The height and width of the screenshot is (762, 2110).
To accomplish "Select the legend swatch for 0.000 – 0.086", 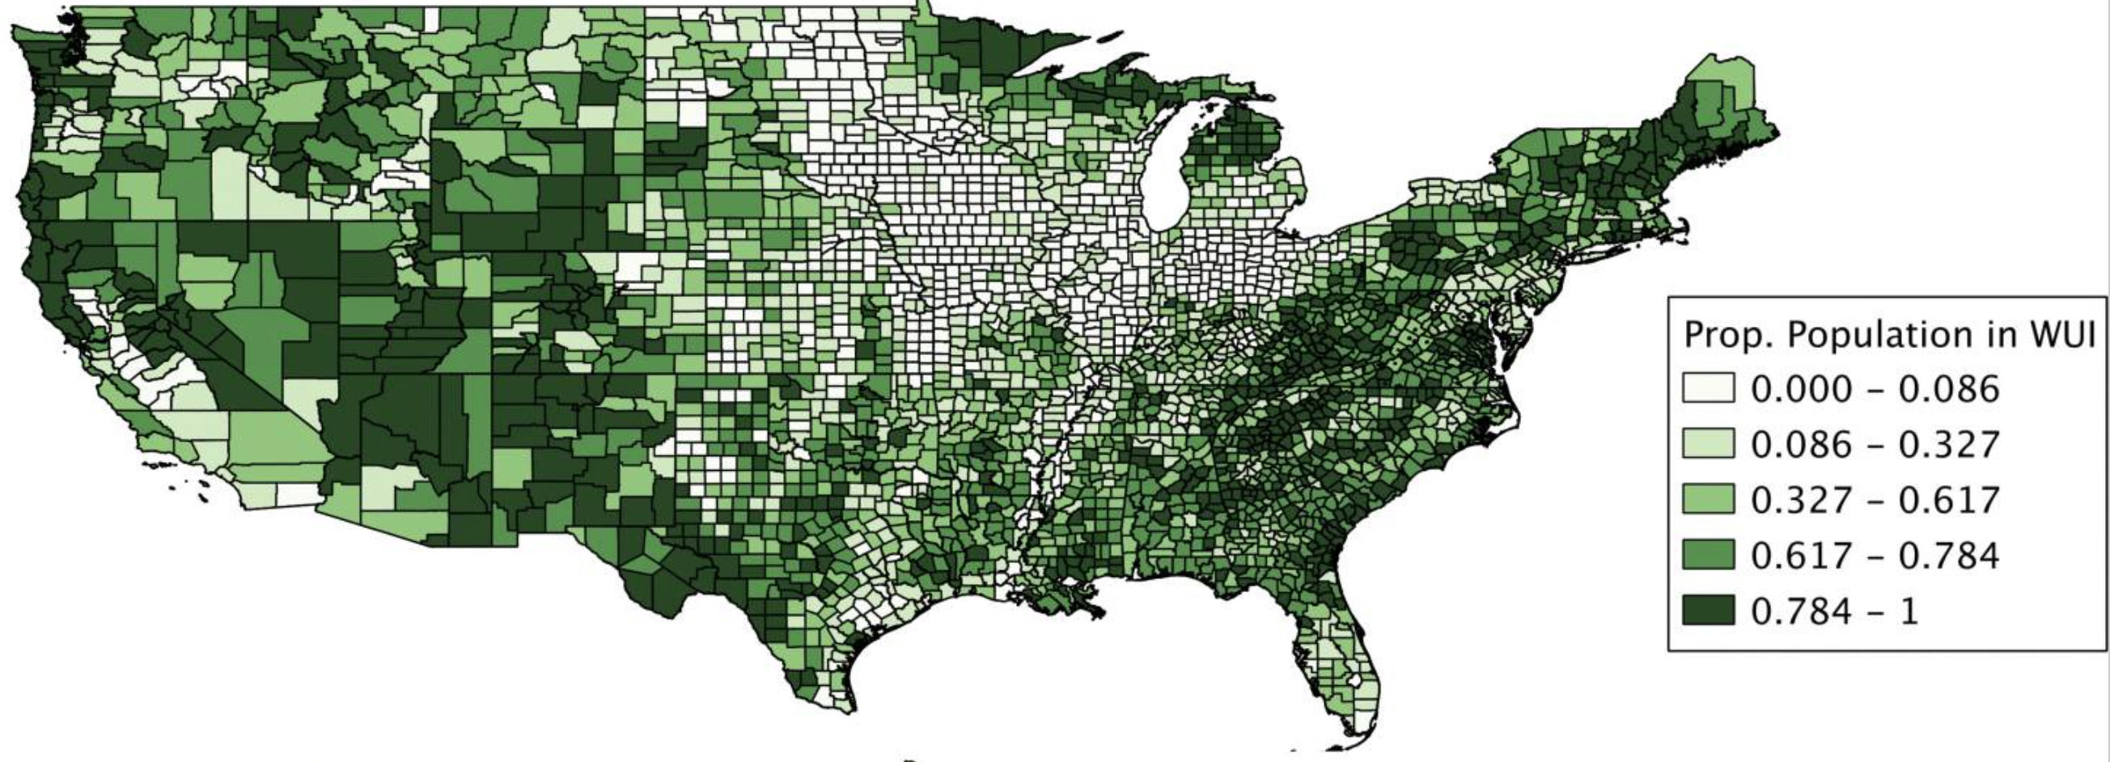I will pos(1709,387).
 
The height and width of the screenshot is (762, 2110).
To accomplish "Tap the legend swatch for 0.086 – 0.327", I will pos(1709,443).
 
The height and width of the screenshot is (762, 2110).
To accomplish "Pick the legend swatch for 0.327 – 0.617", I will pos(1709,498).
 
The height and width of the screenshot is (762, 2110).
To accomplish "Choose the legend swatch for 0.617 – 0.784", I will pos(1709,555).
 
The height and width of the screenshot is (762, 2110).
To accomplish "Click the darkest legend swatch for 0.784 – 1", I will pos(1709,611).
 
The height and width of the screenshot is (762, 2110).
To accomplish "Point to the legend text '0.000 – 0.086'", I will pos(1875,388).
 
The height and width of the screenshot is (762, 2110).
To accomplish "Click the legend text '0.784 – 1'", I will pos(1835,612).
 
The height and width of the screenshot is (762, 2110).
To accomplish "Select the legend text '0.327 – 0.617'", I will pos(1875,499).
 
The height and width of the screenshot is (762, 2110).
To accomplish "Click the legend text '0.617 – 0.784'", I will pos(1875,556).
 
